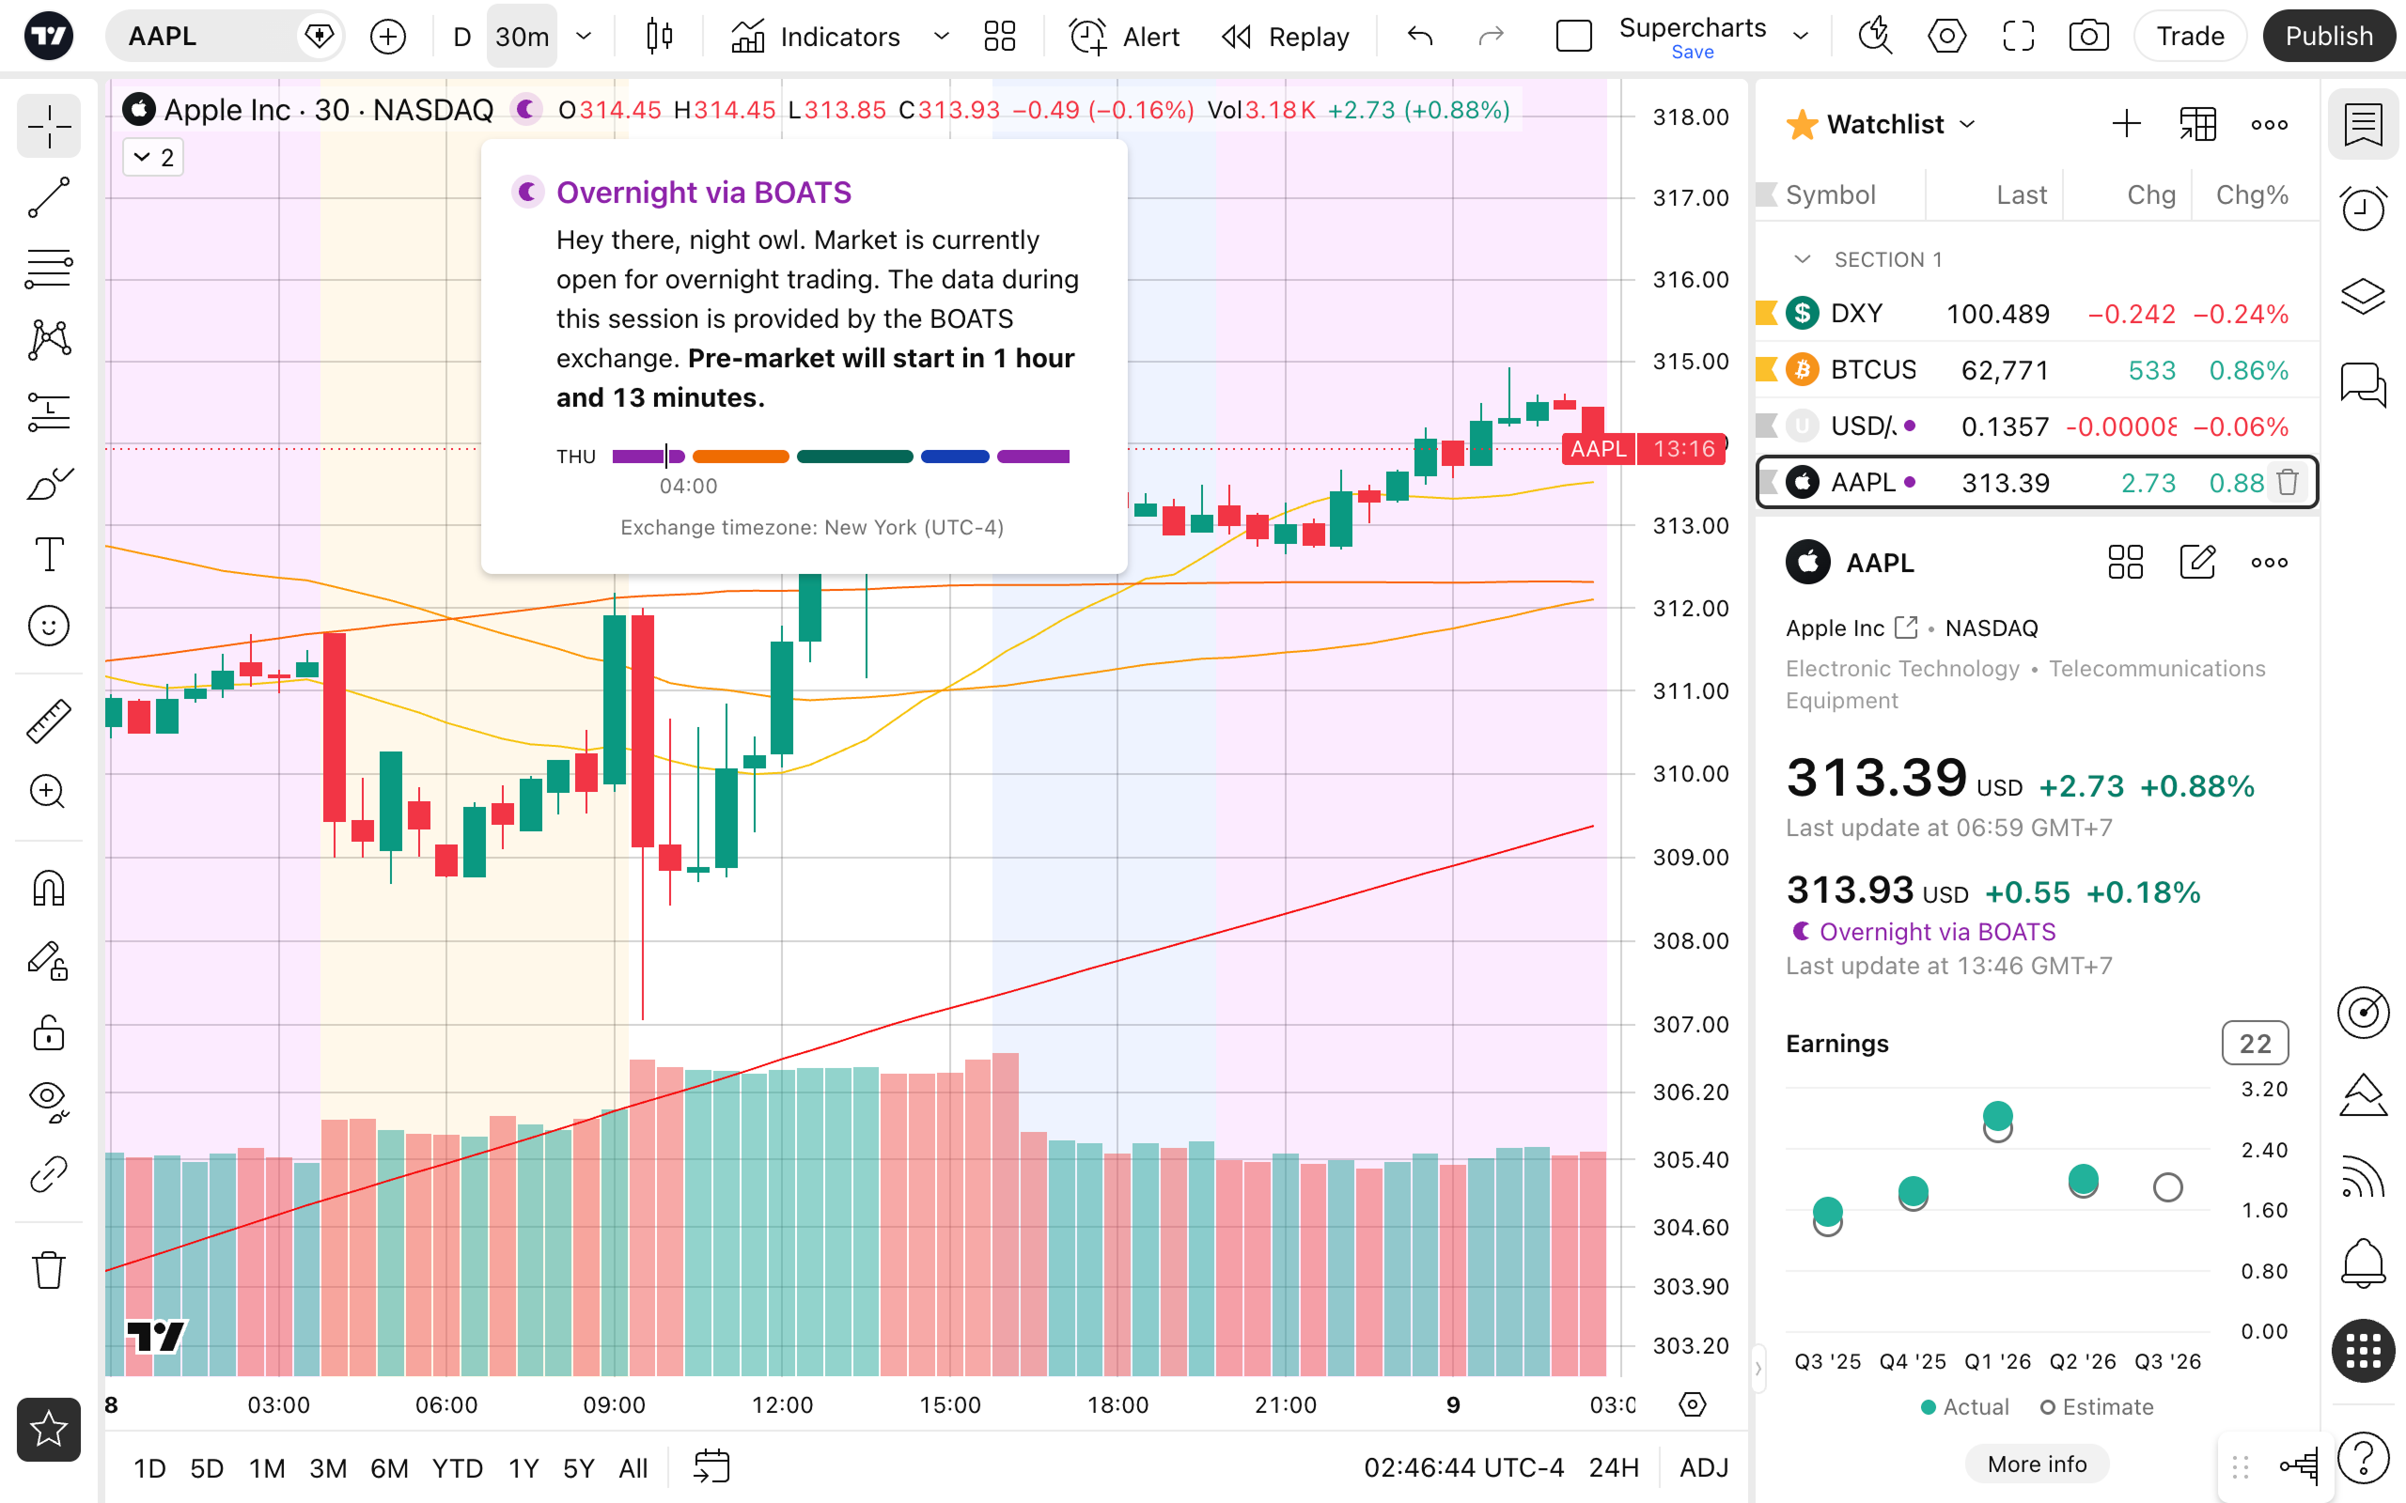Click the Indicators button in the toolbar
815,37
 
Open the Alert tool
1124,37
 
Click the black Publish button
2328,37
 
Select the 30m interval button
522,37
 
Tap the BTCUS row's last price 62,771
2005,370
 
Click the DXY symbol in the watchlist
1856,313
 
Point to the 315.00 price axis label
1690,362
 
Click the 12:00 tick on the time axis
783,1404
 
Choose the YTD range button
458,1468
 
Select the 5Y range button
579,1468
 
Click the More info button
2038,1464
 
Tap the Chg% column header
2252,194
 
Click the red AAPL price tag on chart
1598,449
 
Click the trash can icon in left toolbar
49,1269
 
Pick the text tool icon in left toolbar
49,553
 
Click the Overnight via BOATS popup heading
704,192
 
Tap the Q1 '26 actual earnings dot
1997,1115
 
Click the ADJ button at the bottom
1704,1468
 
